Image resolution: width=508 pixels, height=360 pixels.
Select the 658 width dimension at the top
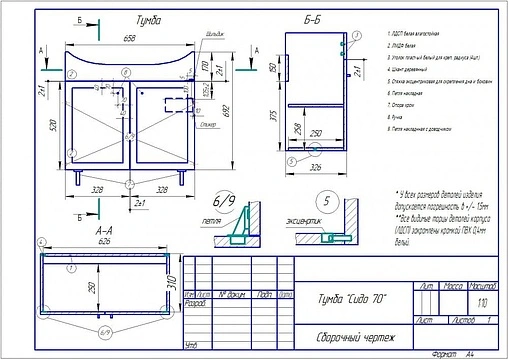pos(130,37)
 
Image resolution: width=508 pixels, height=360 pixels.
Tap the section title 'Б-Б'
pos(311,19)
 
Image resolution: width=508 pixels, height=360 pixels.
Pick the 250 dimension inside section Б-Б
pos(313,133)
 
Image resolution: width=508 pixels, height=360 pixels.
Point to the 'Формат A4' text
pos(449,353)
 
